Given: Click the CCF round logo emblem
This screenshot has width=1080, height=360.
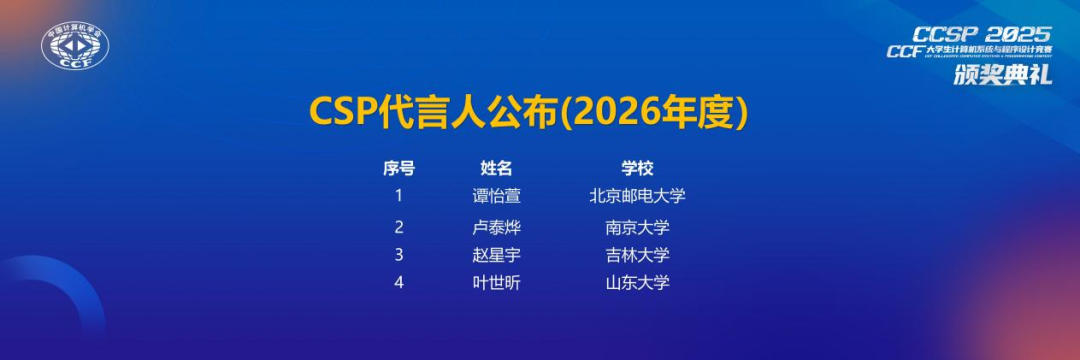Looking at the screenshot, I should [75, 46].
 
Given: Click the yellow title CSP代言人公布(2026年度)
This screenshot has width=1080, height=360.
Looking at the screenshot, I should [529, 113].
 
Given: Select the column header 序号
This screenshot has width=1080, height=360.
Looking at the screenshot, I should [399, 168].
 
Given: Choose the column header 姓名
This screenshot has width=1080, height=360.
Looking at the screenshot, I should [496, 168].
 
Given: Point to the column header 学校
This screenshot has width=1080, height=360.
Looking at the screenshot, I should [637, 168].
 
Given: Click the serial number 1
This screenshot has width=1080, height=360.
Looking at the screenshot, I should [399, 195].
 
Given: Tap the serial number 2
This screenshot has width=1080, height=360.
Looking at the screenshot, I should [399, 227].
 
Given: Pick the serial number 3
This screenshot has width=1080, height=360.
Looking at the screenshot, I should [399, 254].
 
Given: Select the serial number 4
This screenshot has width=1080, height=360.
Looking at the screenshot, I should [399, 282].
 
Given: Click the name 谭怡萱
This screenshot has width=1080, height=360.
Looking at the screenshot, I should [496, 196].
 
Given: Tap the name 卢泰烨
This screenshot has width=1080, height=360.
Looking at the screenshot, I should [496, 227].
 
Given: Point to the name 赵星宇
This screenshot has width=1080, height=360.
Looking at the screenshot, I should [496, 255].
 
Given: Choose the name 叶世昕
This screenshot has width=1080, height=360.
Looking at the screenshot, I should [496, 283].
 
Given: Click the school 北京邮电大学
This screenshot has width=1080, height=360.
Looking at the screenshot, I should [637, 196].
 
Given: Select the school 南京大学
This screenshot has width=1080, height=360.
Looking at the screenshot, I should [637, 227].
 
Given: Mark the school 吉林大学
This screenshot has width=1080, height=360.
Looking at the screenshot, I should [637, 255].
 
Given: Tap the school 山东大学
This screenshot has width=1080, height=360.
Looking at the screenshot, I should [637, 283].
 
